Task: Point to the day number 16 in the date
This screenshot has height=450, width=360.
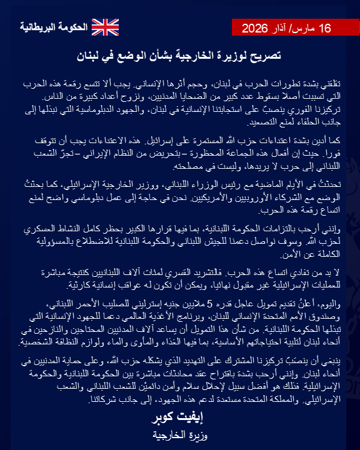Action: [x=324, y=28]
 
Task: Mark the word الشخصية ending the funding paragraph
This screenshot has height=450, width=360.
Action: [x=34, y=344]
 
